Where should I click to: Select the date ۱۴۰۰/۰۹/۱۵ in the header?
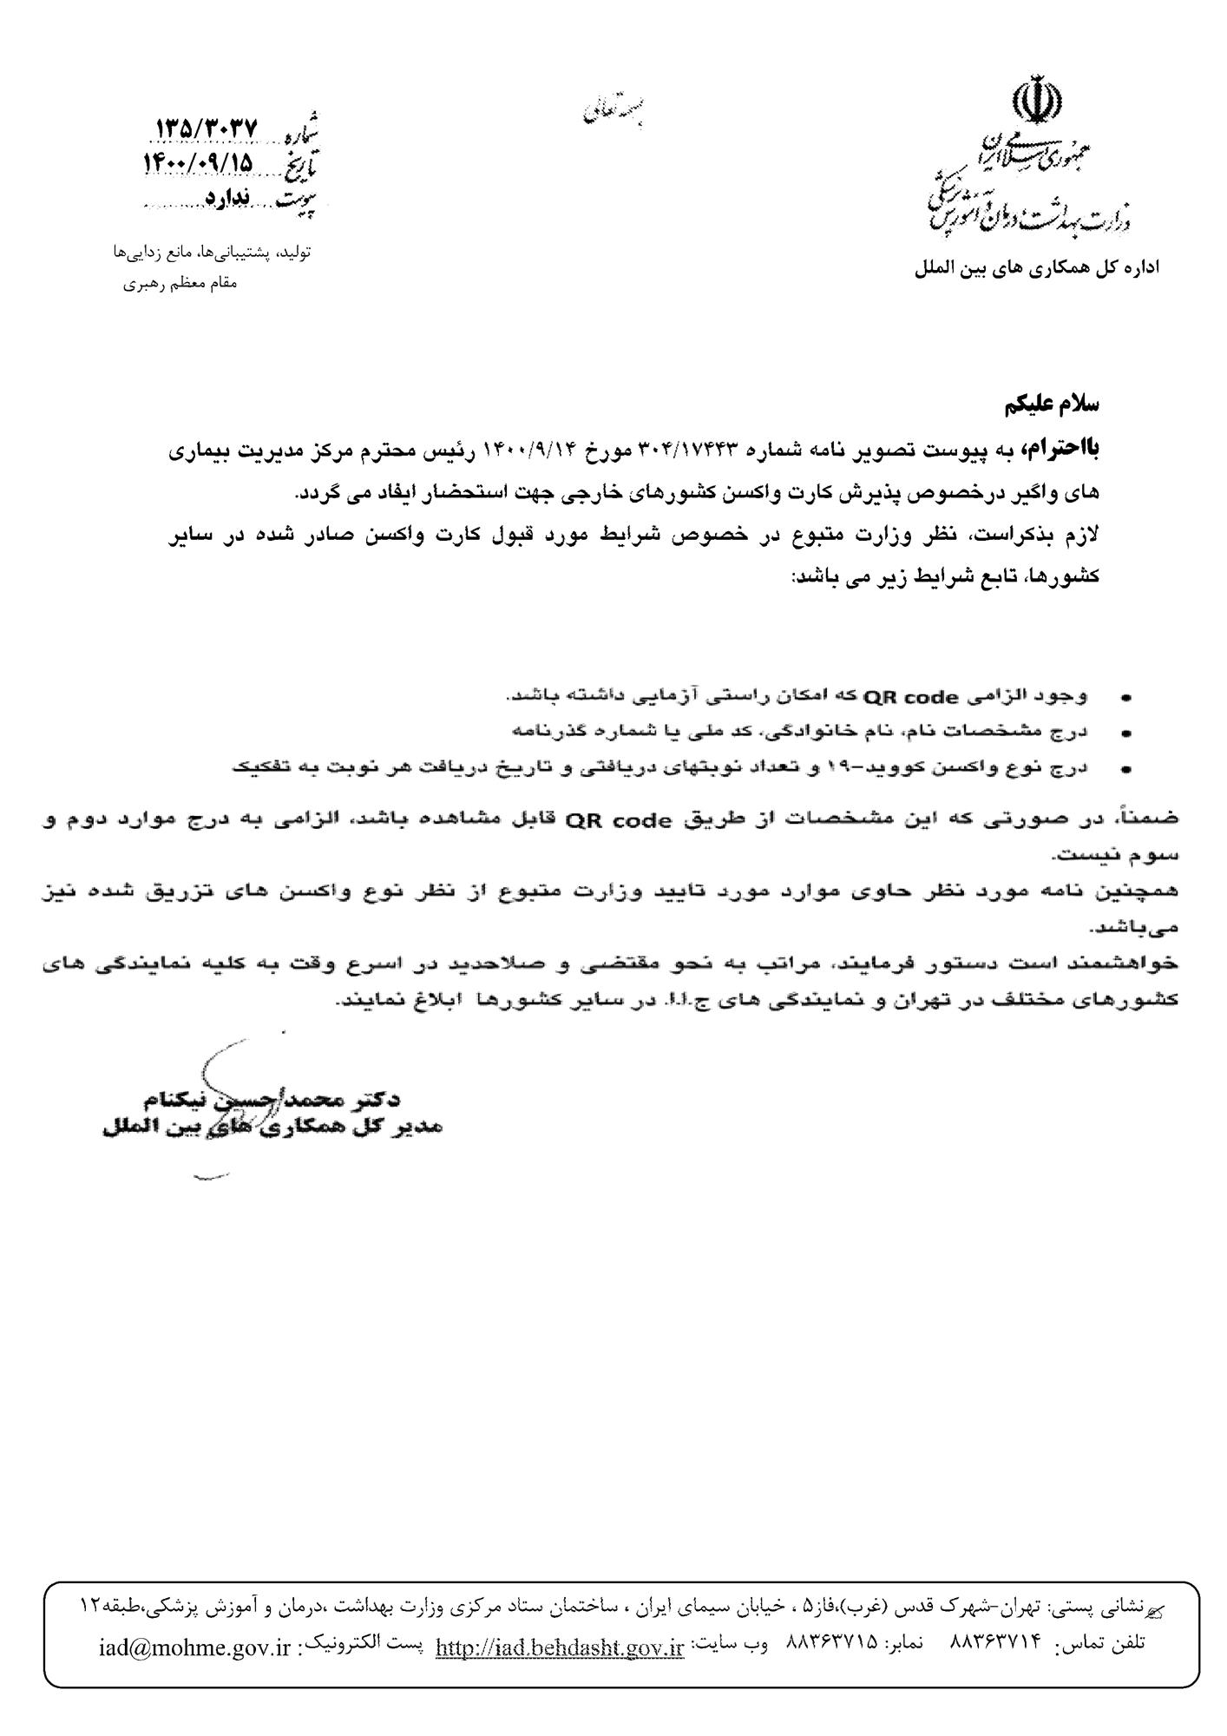coord(198,162)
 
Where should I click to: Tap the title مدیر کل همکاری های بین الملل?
coord(272,1128)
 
